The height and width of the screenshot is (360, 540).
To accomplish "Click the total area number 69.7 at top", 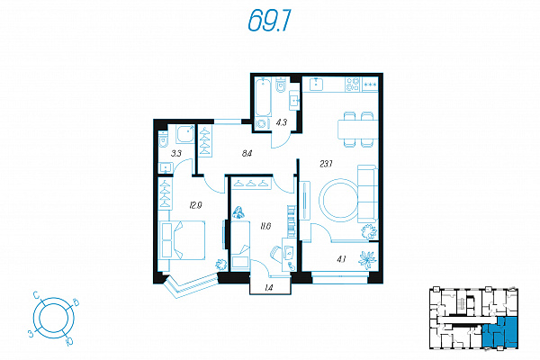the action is (270, 21).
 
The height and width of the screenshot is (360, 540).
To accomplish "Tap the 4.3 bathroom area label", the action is (282, 122).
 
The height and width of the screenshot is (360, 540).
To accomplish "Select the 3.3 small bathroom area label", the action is (176, 153).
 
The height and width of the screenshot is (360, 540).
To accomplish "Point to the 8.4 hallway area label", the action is (247, 153).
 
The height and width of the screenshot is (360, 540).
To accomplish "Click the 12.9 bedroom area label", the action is (195, 206).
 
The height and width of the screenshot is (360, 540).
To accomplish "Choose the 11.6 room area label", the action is (265, 226).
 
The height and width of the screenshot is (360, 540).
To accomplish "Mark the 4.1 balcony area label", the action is (341, 259).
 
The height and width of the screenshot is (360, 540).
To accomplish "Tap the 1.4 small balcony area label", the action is (269, 288).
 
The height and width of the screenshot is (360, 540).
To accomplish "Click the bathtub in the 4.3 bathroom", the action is (263, 97).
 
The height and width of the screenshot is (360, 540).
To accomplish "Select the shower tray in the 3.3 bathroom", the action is (184, 134).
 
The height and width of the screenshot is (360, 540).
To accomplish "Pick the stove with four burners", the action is (352, 85).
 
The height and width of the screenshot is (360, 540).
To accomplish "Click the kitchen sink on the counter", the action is (316, 84).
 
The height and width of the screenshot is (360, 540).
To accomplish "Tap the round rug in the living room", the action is (340, 200).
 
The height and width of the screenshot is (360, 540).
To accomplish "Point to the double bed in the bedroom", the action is (183, 240).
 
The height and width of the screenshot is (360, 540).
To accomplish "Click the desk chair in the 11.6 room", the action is (276, 254).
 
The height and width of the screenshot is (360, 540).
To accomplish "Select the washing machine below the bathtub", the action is (261, 123).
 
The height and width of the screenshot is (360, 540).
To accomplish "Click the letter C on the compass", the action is (36, 295).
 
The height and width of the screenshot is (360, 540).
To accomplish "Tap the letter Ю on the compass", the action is (69, 341).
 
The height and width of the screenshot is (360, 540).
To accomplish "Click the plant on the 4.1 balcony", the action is (367, 259).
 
